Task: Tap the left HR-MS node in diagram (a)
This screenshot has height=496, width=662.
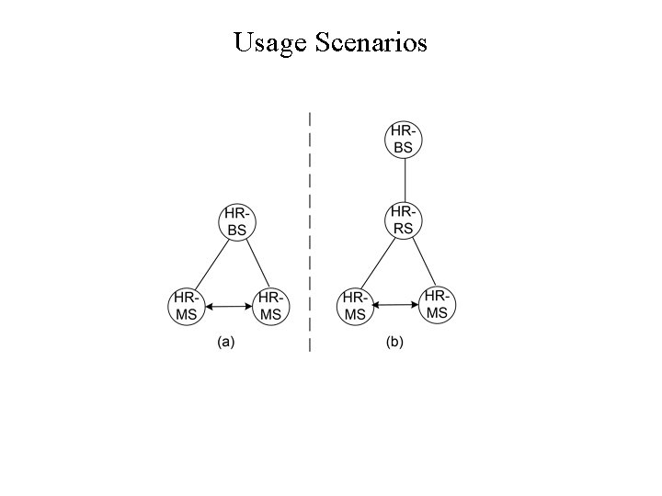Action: pyautogui.click(x=186, y=306)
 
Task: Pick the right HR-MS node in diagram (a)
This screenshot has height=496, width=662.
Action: pyautogui.click(x=271, y=306)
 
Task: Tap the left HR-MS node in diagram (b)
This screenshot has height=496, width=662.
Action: pyautogui.click(x=355, y=307)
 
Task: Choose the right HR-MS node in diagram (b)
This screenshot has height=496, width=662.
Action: pyautogui.click(x=438, y=304)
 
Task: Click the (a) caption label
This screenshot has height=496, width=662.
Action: pyautogui.click(x=226, y=344)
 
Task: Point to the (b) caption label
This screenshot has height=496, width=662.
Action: pyautogui.click(x=394, y=344)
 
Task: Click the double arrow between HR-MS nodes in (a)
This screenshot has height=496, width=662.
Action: pyautogui.click(x=228, y=306)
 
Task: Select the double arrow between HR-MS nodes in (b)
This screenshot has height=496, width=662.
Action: pyautogui.click(x=396, y=305)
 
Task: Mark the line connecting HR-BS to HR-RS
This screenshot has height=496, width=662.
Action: pyautogui.click(x=405, y=180)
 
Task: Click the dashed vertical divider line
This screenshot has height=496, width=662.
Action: pyautogui.click(x=310, y=230)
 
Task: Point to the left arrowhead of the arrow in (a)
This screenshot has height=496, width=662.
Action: pyautogui.click(x=208, y=306)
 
